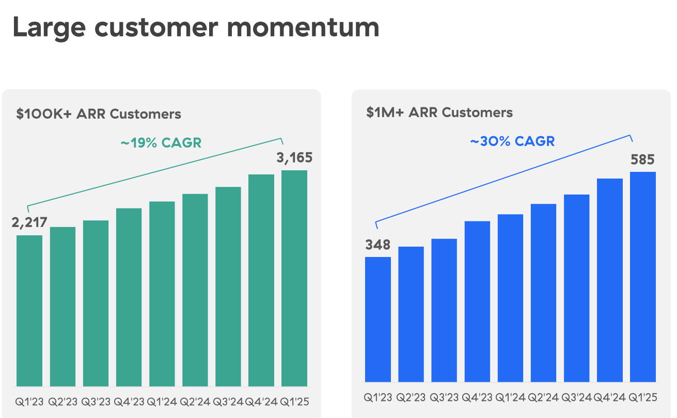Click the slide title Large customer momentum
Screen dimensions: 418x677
click(196, 27)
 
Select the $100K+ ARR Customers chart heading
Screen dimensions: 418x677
click(99, 114)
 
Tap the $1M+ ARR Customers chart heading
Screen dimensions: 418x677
click(439, 112)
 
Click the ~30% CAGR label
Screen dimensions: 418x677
click(512, 141)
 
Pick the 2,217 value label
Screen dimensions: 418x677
click(29, 222)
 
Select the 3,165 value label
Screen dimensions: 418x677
click(294, 157)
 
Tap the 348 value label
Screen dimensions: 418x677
click(378, 245)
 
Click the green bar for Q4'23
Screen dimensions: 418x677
click(129, 297)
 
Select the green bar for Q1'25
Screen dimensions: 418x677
click(294, 278)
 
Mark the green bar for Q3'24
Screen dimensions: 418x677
click(228, 286)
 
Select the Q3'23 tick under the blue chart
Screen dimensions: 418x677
click(444, 397)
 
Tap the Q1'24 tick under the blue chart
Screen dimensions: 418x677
click(510, 397)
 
